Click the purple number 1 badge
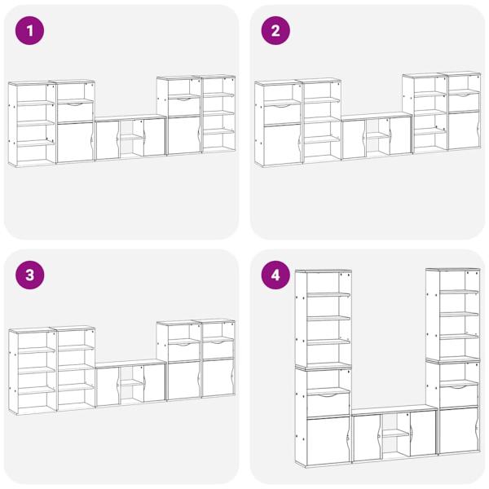29,31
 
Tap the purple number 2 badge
275,31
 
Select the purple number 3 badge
29,275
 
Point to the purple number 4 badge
275,275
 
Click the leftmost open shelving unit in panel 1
32,124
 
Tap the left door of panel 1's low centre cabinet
108,140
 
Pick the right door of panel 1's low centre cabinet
154,137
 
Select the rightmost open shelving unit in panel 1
218,114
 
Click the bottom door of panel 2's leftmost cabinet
283,144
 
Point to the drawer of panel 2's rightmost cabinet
464,102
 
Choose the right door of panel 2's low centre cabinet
400,135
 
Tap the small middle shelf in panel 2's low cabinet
377,135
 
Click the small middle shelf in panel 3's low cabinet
132,383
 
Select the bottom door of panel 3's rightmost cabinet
218,378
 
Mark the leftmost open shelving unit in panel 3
33,371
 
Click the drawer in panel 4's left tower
328,405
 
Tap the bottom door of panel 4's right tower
458,430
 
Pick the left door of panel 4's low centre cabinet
367,438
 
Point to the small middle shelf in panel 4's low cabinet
396,434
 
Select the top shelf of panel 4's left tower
328,294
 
